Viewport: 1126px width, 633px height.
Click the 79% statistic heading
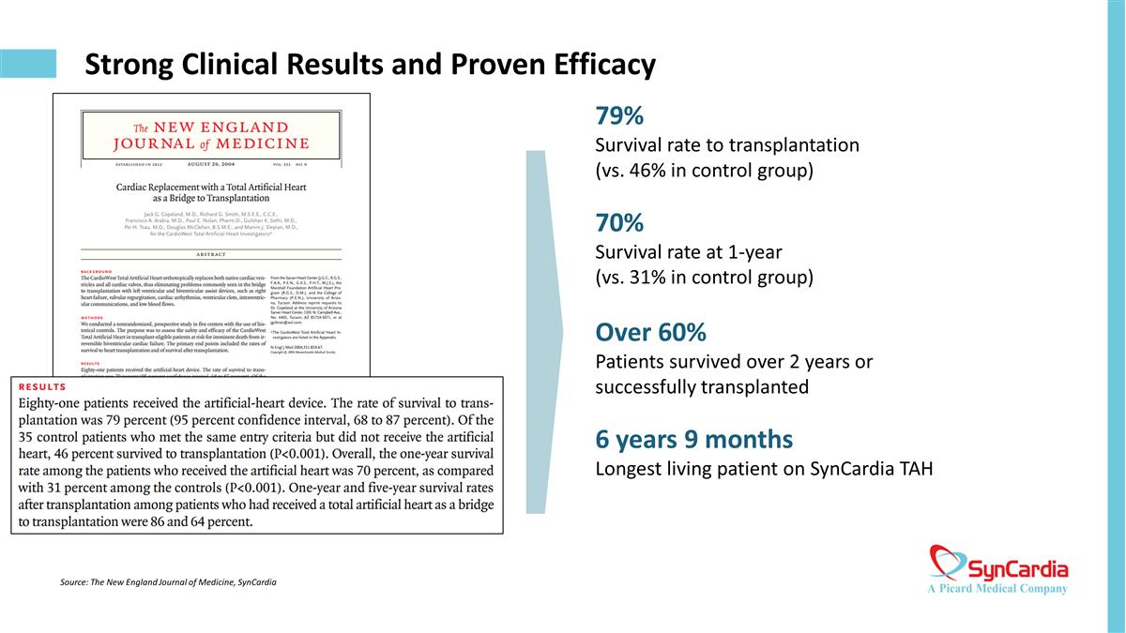click(619, 116)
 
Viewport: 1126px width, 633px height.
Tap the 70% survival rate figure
click(619, 223)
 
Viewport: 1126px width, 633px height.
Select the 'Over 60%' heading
click(651, 333)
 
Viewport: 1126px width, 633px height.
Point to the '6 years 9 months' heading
click(694, 439)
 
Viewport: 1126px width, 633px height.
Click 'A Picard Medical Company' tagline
click(997, 589)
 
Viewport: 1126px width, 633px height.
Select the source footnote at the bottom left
click(167, 582)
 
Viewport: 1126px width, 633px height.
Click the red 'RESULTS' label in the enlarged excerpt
click(42, 386)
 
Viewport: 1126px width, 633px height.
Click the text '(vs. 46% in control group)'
click(704, 171)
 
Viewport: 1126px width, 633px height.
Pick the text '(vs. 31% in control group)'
click(704, 278)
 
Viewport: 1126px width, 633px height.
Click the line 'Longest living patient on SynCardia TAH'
click(764, 468)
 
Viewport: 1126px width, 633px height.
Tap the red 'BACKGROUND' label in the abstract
click(102, 272)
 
